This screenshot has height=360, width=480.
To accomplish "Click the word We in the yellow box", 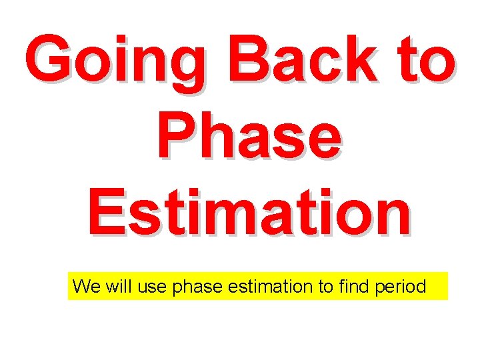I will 85,287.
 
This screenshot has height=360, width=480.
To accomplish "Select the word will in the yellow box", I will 118,287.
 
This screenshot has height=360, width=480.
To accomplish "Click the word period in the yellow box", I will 402,287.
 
